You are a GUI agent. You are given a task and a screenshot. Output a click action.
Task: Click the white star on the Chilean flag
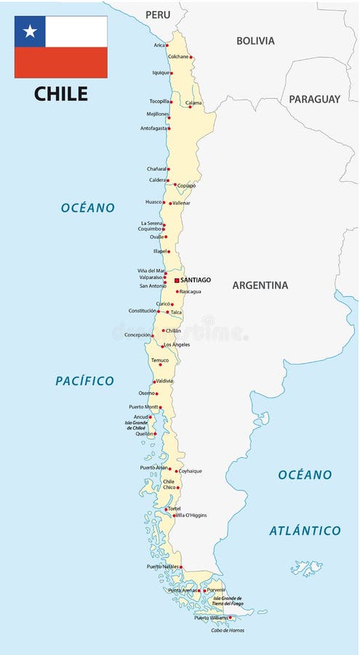coord(30,31)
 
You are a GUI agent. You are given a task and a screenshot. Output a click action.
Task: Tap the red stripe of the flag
coord(61,63)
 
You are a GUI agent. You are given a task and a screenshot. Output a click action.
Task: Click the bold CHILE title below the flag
coord(61,94)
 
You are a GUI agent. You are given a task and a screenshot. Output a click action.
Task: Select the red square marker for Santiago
coord(176,279)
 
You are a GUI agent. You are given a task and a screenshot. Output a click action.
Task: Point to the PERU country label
coord(158,15)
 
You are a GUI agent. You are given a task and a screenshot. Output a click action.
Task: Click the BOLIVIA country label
coord(255,41)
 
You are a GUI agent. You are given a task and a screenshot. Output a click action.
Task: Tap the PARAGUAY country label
coord(314,99)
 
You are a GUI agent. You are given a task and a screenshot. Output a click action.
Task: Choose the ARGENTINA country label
coord(260,285)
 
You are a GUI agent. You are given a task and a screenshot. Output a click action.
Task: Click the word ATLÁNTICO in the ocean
coord(305,531)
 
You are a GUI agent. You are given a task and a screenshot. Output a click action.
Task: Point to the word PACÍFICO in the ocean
coord(84,381)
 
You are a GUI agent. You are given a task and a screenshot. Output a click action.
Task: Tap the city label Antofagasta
coord(153,129)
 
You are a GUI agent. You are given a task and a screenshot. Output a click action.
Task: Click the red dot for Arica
coord(167,45)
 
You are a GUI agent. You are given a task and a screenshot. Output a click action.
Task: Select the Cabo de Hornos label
coord(228,630)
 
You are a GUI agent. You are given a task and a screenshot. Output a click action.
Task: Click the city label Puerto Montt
coord(143,407)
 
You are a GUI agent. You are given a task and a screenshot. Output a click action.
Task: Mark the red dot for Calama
coord(190,107)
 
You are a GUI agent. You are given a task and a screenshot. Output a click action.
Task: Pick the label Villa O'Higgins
coord(191,515)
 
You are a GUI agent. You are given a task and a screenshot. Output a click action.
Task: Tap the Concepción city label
coord(137,335)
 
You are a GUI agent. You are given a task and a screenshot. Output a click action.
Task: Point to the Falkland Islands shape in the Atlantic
coord(306,567)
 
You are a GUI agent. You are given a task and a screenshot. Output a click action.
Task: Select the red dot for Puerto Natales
coord(181,567)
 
